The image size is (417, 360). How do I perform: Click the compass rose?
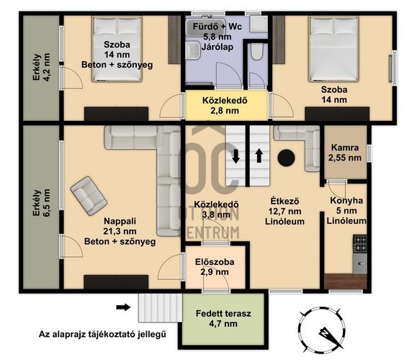pos(322,330)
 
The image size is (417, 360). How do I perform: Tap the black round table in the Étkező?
pos(286,158)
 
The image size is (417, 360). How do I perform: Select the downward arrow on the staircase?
pos(236,156)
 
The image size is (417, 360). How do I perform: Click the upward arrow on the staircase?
pos(259,156)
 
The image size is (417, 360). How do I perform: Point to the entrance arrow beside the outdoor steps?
pos(123,307)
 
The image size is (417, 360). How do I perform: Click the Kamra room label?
pos(345,153)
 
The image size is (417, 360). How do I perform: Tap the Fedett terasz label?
pos(223,318)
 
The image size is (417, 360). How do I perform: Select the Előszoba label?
pos(215,267)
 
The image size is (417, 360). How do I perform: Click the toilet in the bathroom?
pos(257,52)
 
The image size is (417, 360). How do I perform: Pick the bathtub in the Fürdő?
pos(205,27)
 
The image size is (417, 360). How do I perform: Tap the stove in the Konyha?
pos(360,244)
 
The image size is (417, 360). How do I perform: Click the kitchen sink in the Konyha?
pos(360,264)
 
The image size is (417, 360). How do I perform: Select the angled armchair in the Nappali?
pos(89,196)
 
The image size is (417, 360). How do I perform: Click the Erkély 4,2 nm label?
pos(41,67)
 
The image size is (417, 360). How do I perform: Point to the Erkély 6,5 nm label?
pos(41,203)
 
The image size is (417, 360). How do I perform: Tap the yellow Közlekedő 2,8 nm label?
pos(225,106)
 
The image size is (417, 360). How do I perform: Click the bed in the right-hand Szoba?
pos(333,49)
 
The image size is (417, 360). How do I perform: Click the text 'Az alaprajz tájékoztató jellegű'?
pos(102,334)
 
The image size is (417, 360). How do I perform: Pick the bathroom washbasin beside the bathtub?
pos(192,50)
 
